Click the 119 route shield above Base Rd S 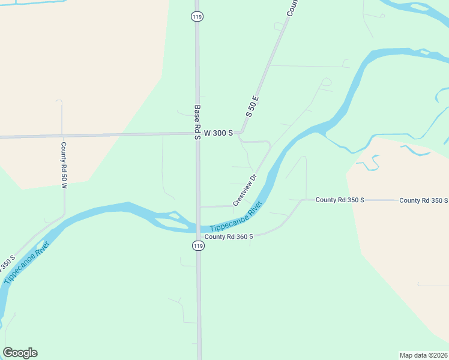click(197, 17)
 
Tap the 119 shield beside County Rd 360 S click(197, 246)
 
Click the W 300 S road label click(218, 133)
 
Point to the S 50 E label click(252, 106)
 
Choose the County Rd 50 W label click(63, 165)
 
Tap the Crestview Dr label click(244, 190)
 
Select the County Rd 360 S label click(229, 237)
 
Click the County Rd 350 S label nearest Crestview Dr click(340, 200)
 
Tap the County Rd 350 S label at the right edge click(423, 200)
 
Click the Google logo click(20, 353)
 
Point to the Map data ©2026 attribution click(423, 355)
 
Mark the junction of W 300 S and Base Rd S click(197, 134)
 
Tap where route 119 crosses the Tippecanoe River click(198, 227)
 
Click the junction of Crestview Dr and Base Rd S click(199, 206)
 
